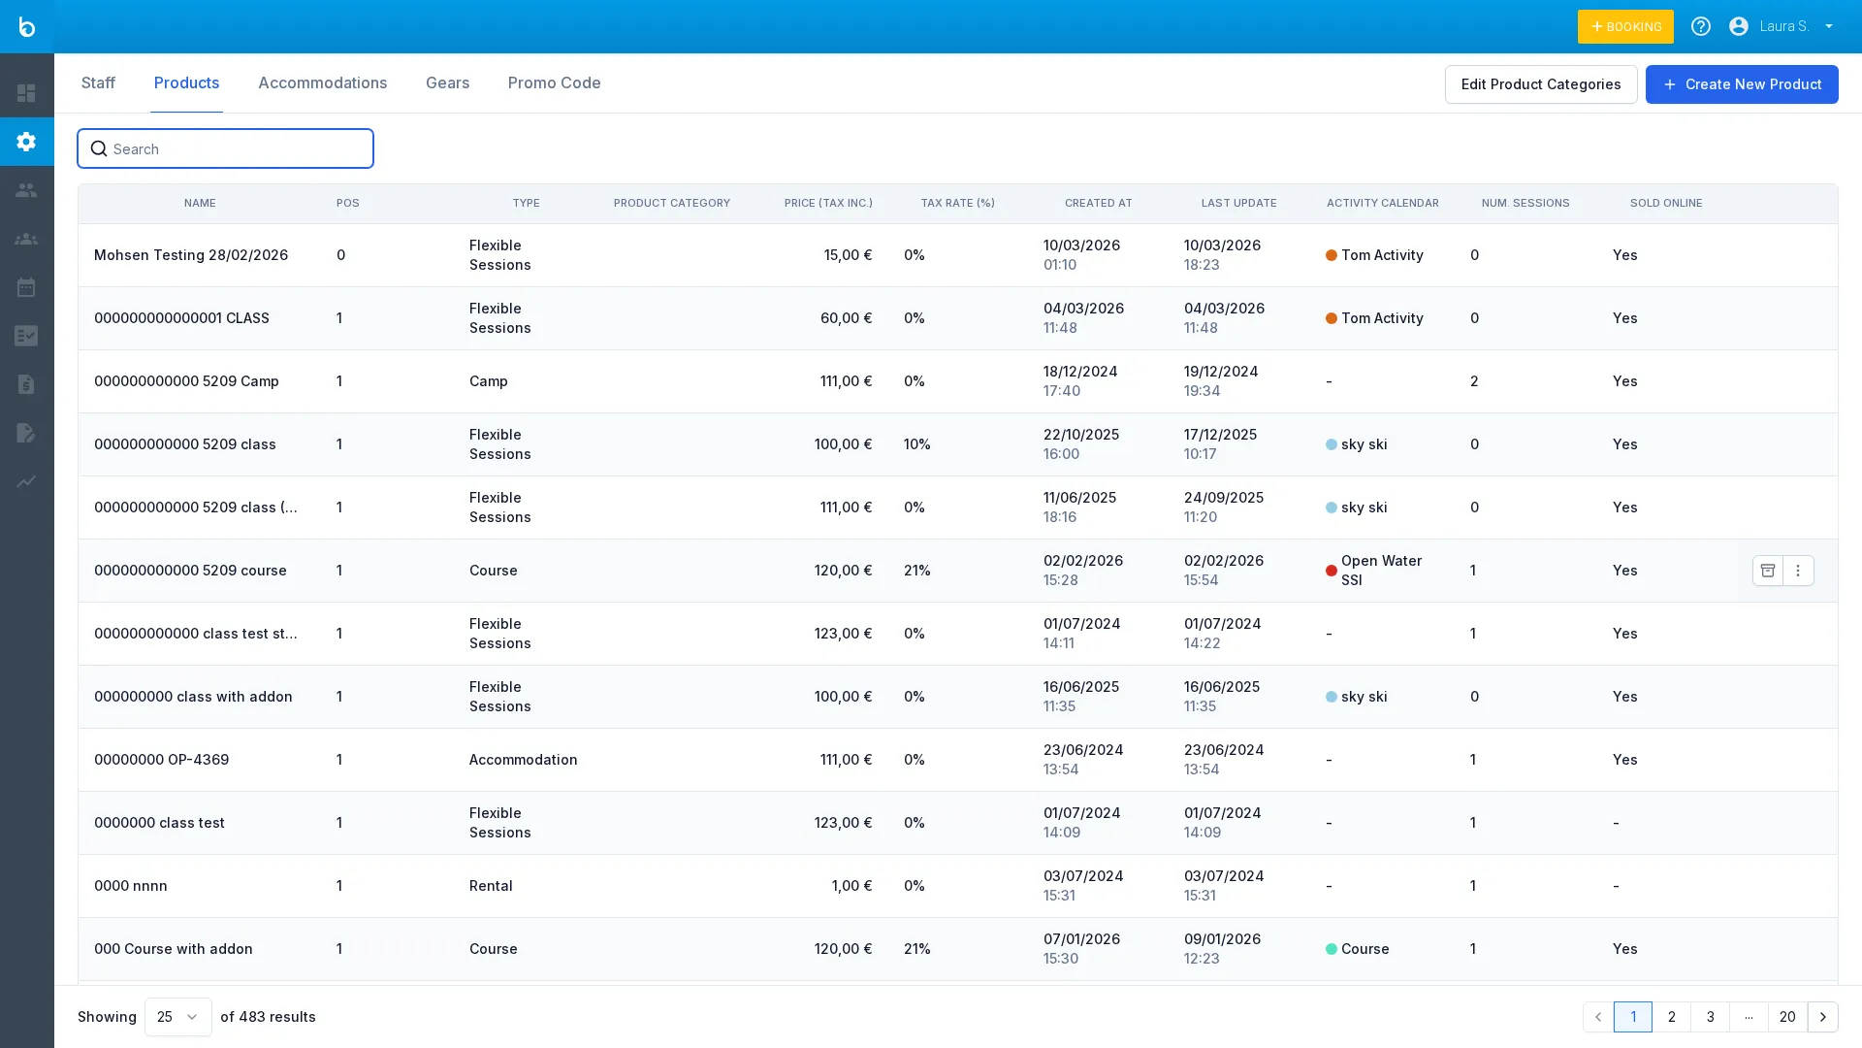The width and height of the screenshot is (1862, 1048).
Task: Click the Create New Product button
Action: pos(1741,84)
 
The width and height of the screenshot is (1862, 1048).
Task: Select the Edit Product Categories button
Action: pos(1540,84)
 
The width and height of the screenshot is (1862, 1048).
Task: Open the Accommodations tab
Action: pos(322,83)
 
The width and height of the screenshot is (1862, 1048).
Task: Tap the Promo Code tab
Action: pos(554,83)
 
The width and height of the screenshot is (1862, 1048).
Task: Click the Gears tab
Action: pos(447,83)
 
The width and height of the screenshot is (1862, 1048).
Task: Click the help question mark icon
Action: pos(1700,26)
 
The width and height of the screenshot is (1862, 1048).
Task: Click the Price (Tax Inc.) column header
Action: pos(827,204)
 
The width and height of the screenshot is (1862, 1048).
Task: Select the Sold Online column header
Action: pos(1665,204)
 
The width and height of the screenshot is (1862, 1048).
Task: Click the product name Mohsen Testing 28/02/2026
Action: pos(191,255)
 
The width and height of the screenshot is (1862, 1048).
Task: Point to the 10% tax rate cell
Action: pos(916,444)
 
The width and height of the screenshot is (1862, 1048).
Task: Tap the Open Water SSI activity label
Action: pos(1381,571)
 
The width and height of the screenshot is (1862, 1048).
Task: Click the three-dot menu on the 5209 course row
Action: pos(1798,571)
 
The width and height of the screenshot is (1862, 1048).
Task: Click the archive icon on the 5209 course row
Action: pos(1767,571)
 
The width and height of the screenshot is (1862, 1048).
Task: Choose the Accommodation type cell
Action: pos(523,760)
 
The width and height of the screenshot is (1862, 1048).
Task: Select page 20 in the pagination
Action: pos(1786,1017)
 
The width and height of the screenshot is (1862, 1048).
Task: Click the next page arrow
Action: pos(1822,1017)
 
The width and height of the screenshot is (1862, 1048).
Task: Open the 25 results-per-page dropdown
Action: pos(177,1017)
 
